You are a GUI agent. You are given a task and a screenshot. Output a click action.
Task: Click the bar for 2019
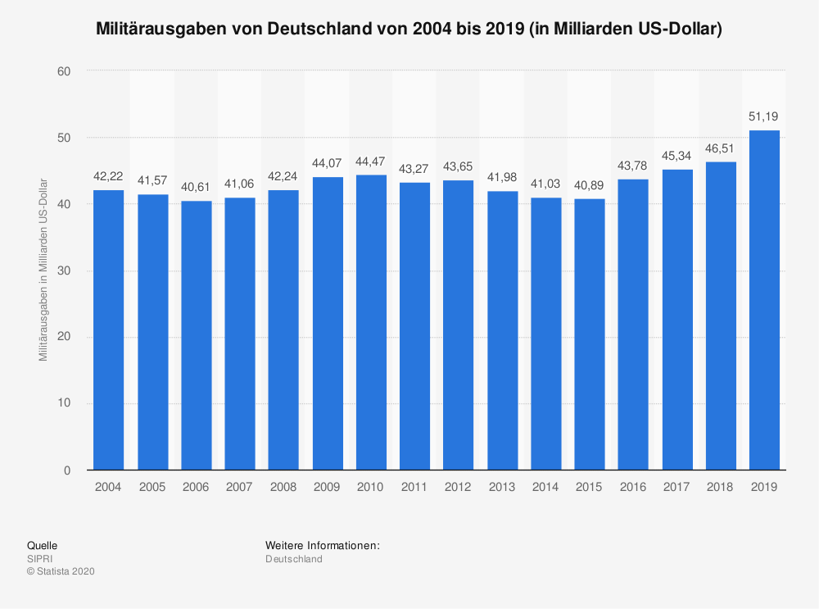[x=764, y=300]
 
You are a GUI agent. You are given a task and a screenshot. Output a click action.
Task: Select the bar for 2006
[x=196, y=335]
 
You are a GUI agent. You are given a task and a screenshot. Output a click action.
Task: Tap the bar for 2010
[x=371, y=322]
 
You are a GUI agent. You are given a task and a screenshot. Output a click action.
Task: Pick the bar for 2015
[x=590, y=334]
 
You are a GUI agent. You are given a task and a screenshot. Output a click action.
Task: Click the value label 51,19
[x=764, y=116]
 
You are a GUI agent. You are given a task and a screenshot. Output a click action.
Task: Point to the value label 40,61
[x=196, y=187]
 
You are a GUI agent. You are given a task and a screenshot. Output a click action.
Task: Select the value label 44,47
[x=371, y=161]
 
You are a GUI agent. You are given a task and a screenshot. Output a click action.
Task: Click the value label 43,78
[x=633, y=166]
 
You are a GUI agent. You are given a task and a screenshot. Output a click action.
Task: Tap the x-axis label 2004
[x=108, y=487]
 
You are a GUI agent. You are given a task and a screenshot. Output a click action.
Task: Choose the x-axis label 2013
[x=502, y=487]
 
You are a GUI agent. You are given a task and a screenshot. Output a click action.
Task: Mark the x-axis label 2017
[x=677, y=487]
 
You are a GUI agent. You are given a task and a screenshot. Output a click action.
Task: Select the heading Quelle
[x=43, y=545]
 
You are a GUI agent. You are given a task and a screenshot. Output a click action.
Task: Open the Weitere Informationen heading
[x=322, y=545]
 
